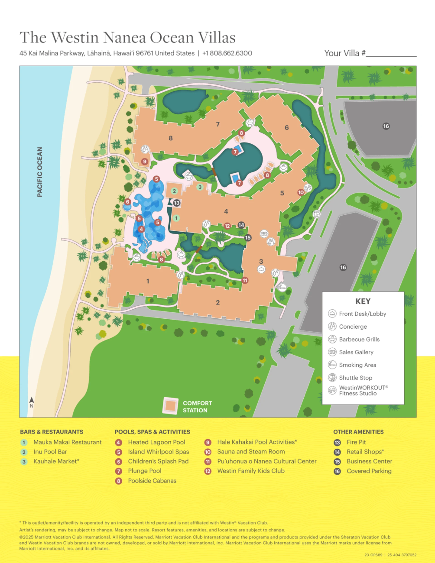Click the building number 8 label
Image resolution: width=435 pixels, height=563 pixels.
tap(170, 138)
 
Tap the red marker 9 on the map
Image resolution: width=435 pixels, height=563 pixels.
tap(145, 162)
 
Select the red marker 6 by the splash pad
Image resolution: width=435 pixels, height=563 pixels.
tap(127, 202)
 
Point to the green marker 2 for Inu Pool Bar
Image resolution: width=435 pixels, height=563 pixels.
tap(174, 191)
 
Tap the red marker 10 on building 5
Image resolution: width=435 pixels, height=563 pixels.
tap(301, 192)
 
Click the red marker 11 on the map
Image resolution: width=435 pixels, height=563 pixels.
tap(245, 280)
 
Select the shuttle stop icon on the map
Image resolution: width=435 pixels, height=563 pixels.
tap(316, 214)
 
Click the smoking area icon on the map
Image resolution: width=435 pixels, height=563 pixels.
tap(282, 287)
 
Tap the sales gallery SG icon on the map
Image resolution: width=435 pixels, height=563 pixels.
tap(264, 233)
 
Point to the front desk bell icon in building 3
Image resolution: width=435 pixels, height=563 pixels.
tap(261, 270)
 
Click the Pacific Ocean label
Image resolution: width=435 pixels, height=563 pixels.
tap(39, 172)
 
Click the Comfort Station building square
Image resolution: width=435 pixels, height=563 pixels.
tap(170, 406)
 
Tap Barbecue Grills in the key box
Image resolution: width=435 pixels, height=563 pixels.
tap(359, 339)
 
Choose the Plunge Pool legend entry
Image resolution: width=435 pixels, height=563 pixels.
tap(144, 471)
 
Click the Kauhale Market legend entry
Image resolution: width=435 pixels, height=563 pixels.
tap(56, 462)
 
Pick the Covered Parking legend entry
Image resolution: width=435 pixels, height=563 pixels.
tap(369, 471)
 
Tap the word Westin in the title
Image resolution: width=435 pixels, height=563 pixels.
tap(75, 38)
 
